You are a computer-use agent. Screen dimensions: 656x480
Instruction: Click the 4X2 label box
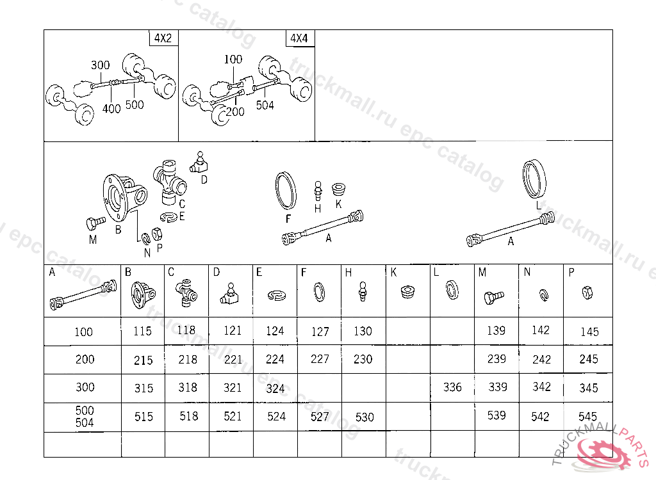point(163,38)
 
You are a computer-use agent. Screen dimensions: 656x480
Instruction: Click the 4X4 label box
point(300,38)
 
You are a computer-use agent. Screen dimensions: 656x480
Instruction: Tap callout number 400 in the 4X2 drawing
point(111,109)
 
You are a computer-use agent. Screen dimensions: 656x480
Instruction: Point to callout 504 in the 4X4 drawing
point(265,105)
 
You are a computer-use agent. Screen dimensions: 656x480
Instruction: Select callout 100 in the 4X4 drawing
point(233,60)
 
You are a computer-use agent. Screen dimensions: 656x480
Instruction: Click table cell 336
point(452,388)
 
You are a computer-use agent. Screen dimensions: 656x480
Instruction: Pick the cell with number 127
point(320,332)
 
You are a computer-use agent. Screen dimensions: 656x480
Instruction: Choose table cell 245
point(588,359)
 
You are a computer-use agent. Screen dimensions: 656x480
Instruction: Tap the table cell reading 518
point(188,417)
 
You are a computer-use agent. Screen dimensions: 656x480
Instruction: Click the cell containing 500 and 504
point(85,417)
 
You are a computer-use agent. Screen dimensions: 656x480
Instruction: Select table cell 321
point(232,388)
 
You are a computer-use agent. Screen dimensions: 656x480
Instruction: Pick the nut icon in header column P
point(587,292)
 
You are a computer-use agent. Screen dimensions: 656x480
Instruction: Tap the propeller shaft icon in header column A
point(83,295)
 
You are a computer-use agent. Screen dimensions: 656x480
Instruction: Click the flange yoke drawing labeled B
point(124,197)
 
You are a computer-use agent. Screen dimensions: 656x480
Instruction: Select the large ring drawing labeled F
point(286,190)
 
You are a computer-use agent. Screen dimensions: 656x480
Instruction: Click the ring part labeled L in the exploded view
point(534,179)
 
